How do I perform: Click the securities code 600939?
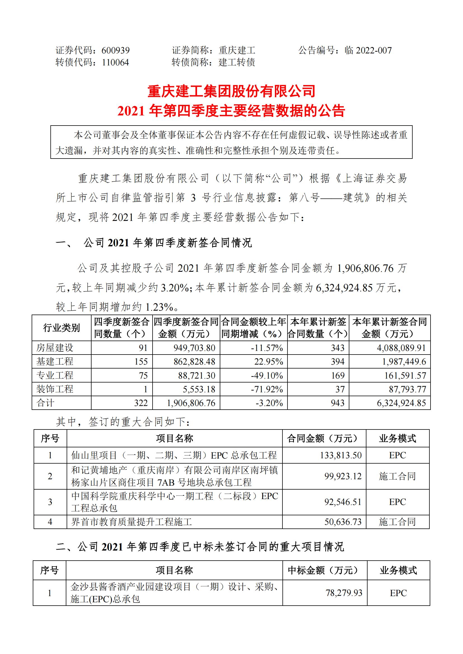115,50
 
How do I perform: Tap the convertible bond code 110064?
115,62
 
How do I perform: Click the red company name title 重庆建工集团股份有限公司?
231,91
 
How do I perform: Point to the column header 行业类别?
61,328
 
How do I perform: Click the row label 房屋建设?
55,348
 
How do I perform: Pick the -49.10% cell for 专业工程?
267,376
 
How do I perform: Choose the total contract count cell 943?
338,403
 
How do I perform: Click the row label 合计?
45,403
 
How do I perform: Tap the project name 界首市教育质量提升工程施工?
132,522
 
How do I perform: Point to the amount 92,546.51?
343,502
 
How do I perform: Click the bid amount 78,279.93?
344,593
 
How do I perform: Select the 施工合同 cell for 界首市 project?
397,522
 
